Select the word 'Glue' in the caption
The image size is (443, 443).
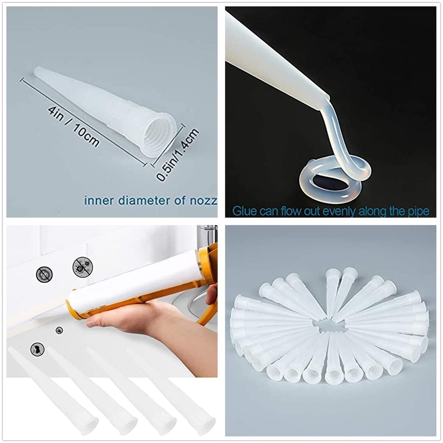242,211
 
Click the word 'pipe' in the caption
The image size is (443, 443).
418,211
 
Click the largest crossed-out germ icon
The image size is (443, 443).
83,267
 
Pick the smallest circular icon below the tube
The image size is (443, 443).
59,330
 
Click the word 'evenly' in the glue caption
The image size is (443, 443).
338,211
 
